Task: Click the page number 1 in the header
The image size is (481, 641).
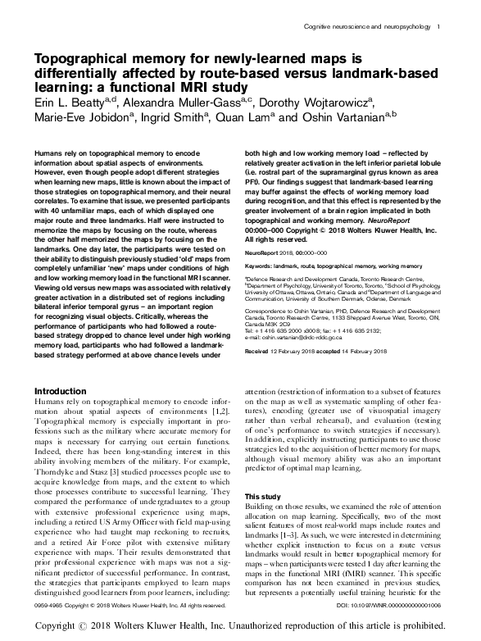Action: pos(439,29)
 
